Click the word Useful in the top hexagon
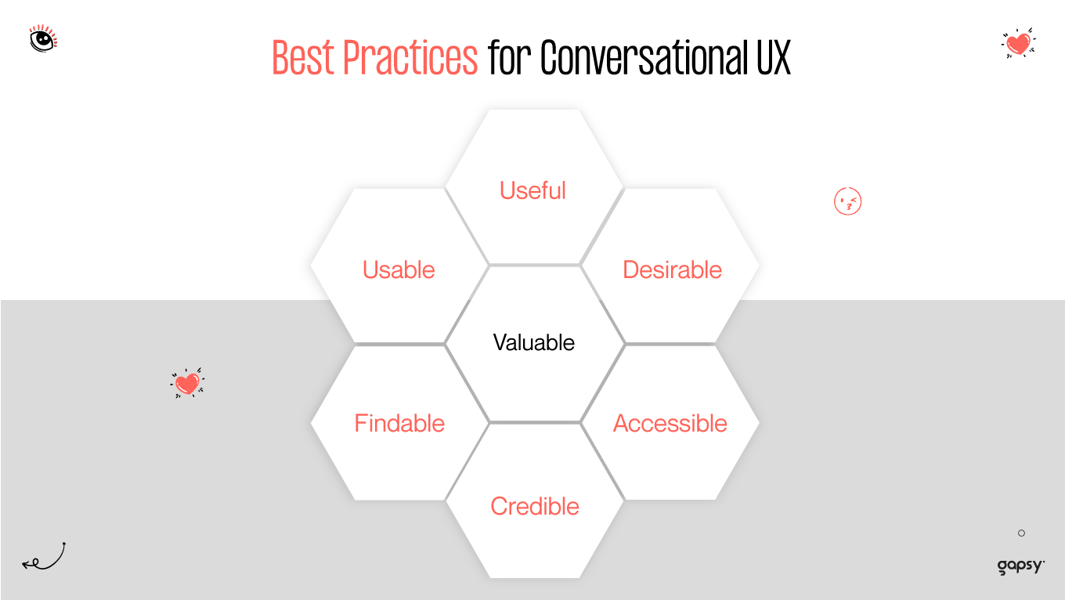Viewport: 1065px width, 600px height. (x=532, y=190)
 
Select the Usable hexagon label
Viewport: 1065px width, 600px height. (x=399, y=269)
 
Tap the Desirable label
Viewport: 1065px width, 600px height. (x=672, y=269)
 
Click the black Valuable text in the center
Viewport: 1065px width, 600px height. (x=533, y=342)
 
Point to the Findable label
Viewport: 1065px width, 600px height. (x=399, y=423)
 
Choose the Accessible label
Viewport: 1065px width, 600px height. (x=670, y=423)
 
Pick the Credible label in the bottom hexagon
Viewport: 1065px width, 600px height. (x=535, y=506)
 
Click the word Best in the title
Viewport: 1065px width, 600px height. (x=302, y=57)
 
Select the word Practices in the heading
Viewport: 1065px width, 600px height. (x=410, y=57)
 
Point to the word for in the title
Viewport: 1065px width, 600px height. (x=510, y=57)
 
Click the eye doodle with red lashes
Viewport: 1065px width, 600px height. (x=42, y=38)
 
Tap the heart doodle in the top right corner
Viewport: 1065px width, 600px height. (x=1018, y=43)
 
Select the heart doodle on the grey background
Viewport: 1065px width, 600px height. (x=187, y=383)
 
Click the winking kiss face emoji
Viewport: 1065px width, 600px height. (x=847, y=202)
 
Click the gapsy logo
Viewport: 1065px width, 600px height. (x=1020, y=566)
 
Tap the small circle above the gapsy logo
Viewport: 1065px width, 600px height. (x=1021, y=533)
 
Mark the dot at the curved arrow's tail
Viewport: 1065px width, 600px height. (x=63, y=544)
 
